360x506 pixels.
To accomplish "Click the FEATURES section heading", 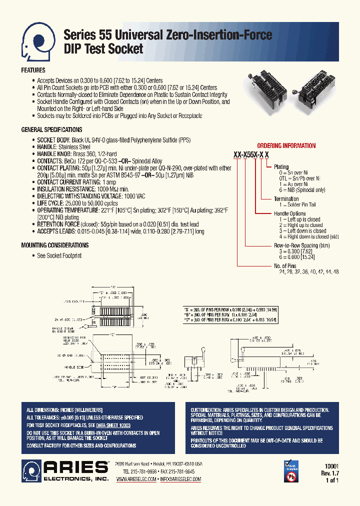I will [33, 70].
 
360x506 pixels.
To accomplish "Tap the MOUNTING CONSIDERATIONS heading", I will [55, 245].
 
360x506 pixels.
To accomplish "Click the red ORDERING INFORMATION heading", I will [286, 146].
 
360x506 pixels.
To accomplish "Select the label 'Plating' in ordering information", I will [281, 167].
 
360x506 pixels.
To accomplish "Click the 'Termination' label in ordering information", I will [286, 199].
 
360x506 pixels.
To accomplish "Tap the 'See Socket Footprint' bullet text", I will [59, 255].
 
